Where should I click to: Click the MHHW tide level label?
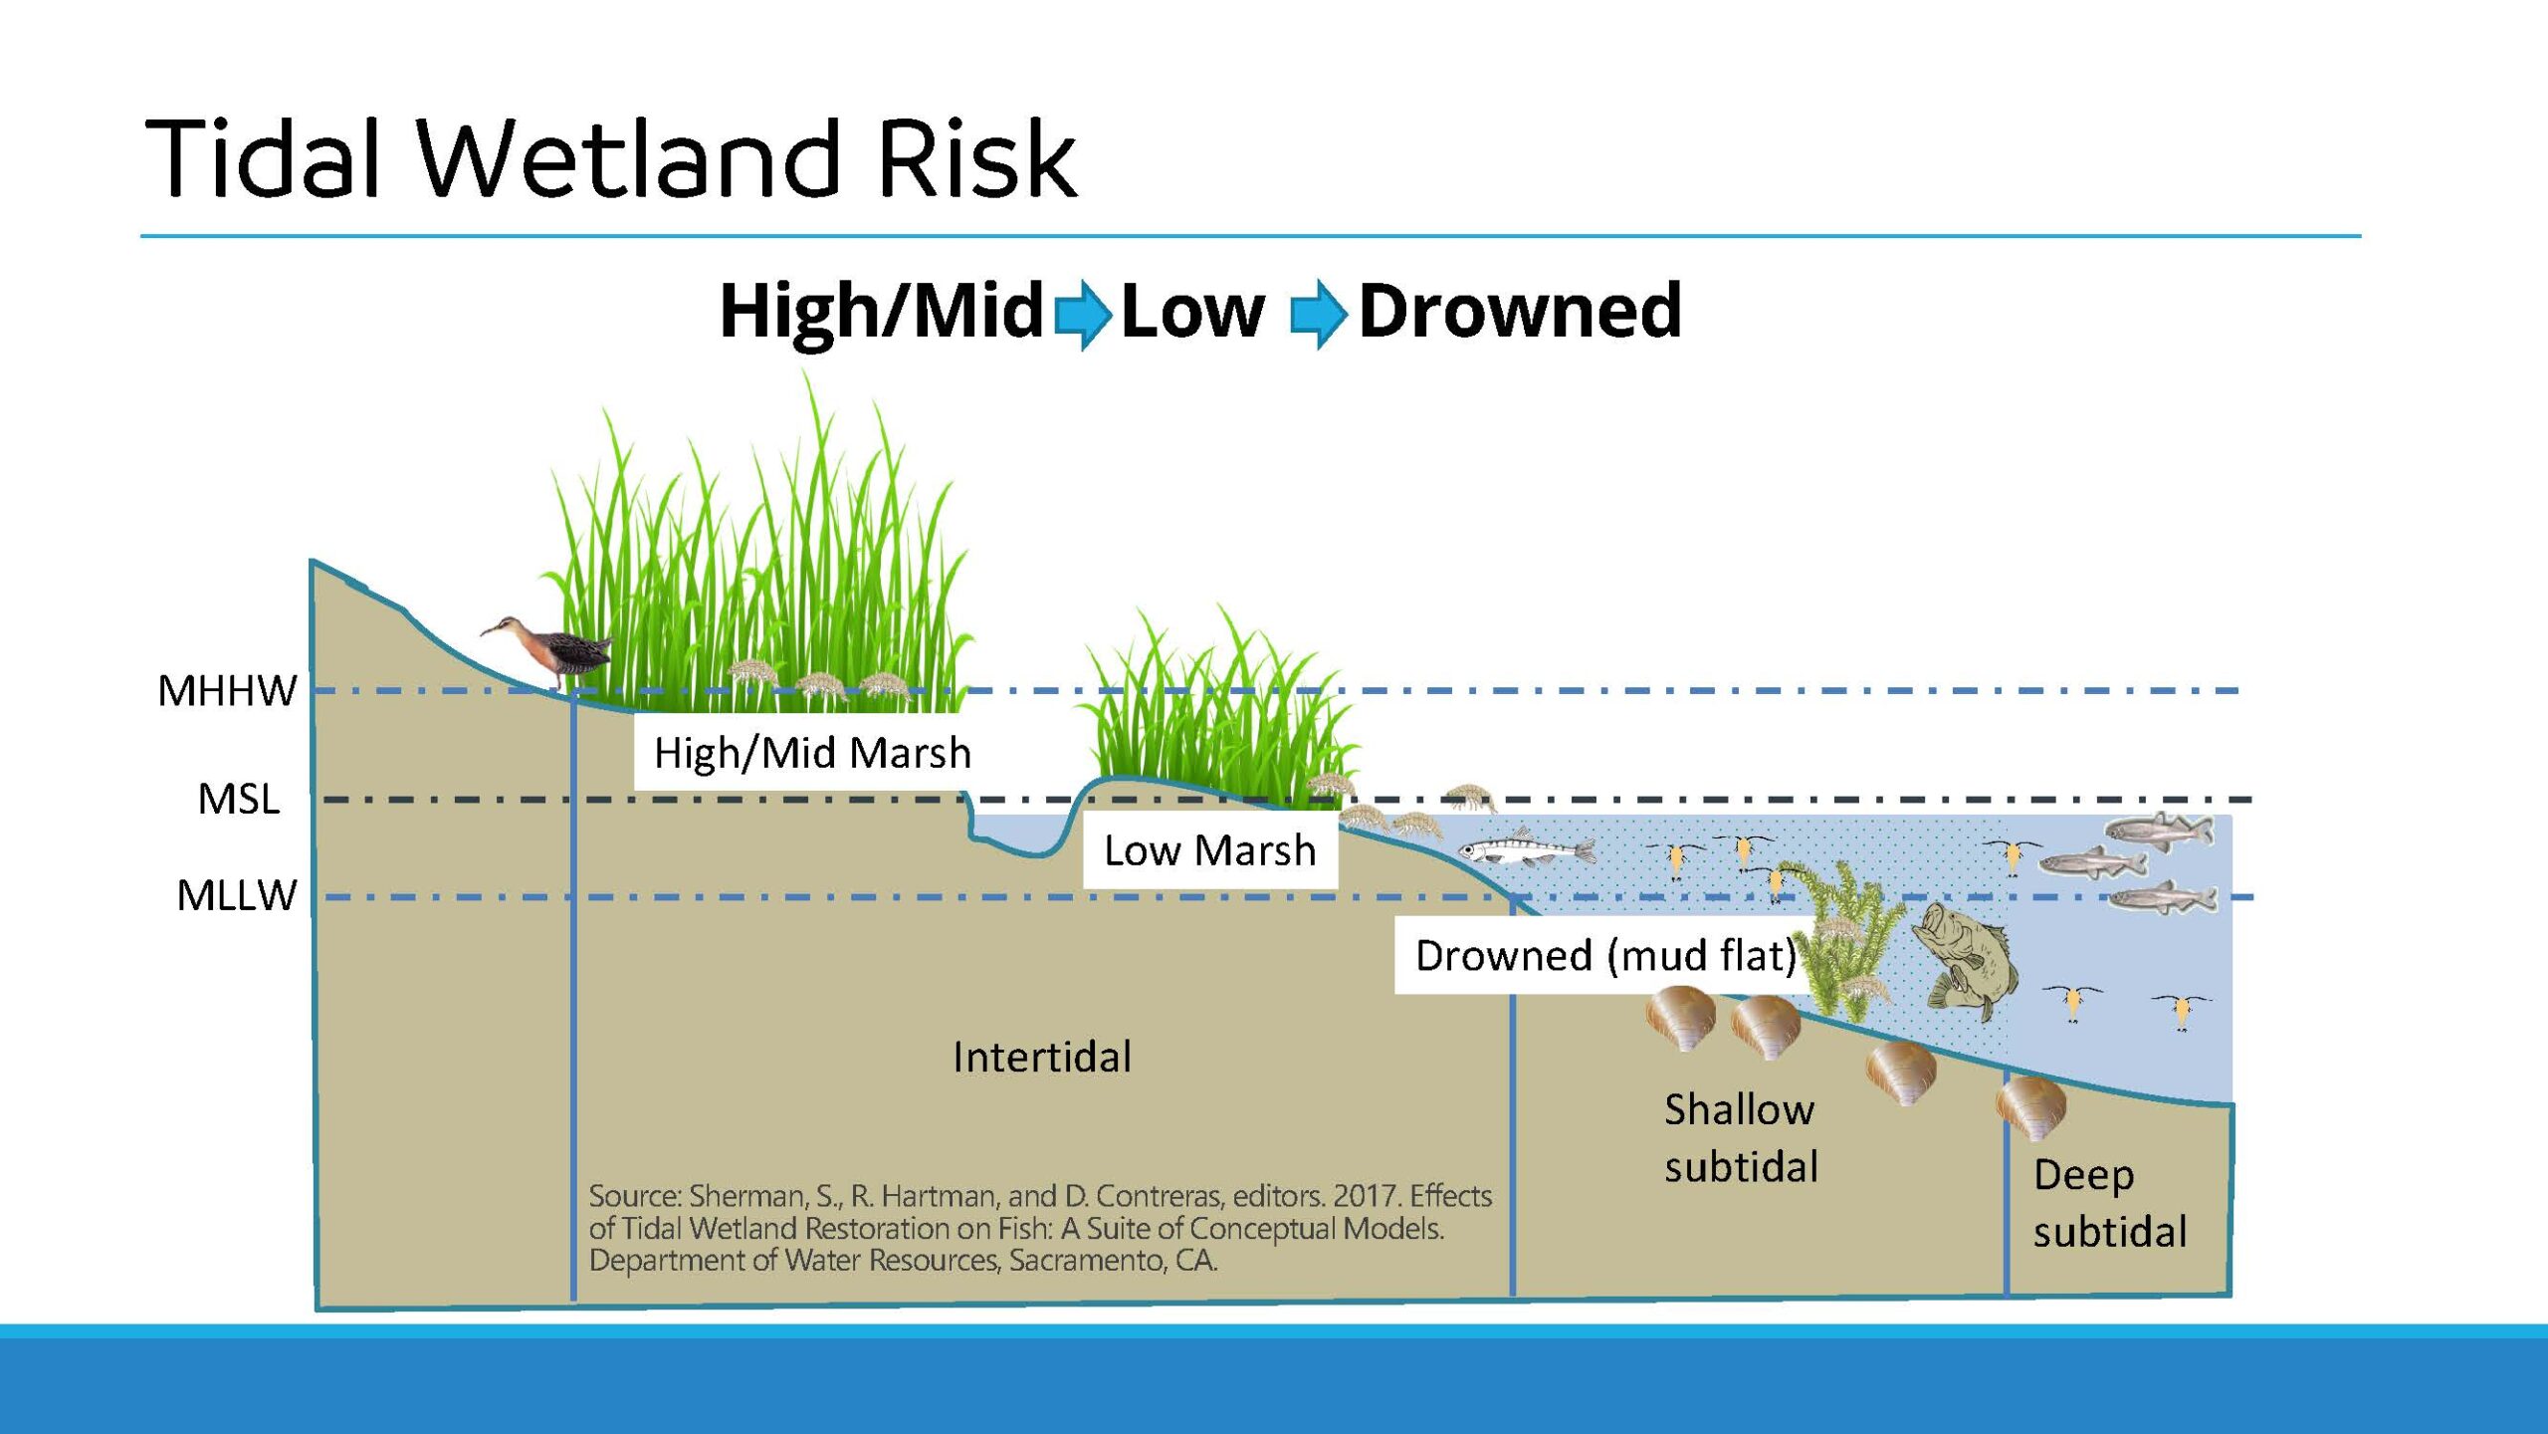(227, 690)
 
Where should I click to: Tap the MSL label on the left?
(239, 799)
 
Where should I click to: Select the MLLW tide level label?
(237, 895)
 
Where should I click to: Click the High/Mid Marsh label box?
(812, 753)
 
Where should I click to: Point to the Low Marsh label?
(1210, 850)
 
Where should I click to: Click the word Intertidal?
(1042, 1057)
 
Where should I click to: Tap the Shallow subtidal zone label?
(1741, 1137)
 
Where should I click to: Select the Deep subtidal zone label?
(2110, 1203)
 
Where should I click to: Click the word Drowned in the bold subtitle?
(1520, 311)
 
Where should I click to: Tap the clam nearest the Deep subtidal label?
(2031, 1106)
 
